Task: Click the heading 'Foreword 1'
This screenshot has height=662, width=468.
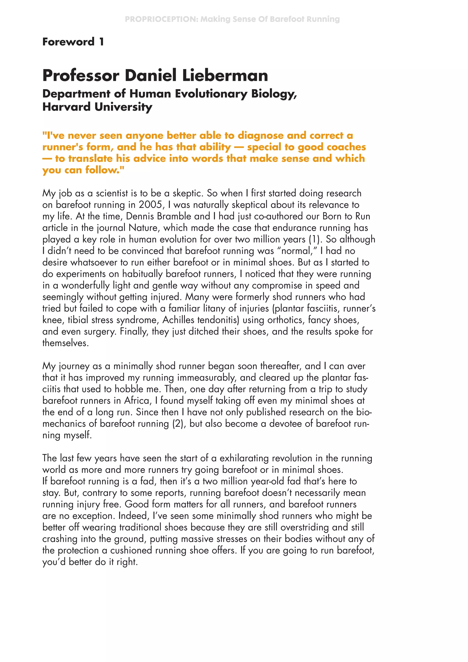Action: click(x=73, y=42)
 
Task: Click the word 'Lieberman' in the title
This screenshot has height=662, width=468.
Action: click(x=225, y=75)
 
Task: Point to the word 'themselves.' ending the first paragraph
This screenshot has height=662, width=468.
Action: click(x=65, y=343)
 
